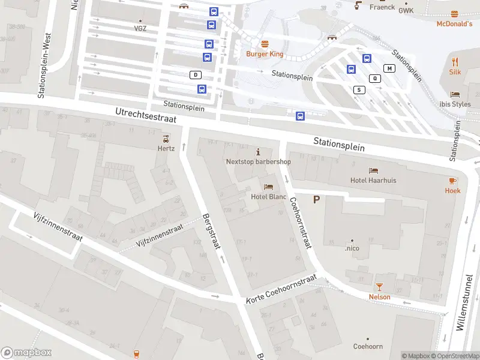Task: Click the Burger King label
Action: coord(265,54)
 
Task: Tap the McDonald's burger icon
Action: coord(455,13)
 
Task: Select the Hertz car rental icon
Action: coord(166,138)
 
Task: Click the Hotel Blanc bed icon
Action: coord(268,187)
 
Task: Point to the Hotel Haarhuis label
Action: coord(373,180)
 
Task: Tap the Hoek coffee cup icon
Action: coord(453,181)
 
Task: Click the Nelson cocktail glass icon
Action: coord(379,287)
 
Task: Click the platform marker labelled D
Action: coord(195,74)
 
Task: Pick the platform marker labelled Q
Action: coord(376,78)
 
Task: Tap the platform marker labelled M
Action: coord(390,68)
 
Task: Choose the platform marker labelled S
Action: coord(359,90)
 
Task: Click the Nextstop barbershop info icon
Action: coord(258,151)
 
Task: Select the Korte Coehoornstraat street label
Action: coord(281,290)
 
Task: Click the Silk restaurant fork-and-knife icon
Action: coord(455,61)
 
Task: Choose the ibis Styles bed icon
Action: coord(455,94)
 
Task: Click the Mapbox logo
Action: coord(26,353)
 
